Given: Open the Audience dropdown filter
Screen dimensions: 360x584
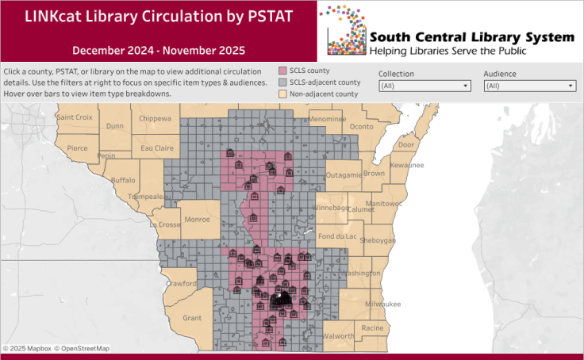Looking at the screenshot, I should click(x=529, y=86).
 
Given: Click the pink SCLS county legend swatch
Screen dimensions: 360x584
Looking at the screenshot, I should click(x=282, y=71).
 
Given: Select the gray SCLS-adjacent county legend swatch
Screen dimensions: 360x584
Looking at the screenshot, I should click(x=282, y=82).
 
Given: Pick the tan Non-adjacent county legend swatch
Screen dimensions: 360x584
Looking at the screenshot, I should click(x=282, y=94).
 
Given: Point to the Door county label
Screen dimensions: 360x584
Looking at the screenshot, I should click(x=406, y=145).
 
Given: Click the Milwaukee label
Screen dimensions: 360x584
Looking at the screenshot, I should click(x=382, y=304).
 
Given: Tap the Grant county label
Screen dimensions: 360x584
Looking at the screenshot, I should click(x=192, y=318).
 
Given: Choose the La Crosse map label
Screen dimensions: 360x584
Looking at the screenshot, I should click(x=164, y=225).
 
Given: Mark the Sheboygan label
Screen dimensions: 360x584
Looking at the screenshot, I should click(x=377, y=241).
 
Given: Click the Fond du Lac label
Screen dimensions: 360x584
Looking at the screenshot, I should click(x=336, y=236).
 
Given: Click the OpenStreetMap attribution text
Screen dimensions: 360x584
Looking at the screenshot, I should click(x=83, y=348).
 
